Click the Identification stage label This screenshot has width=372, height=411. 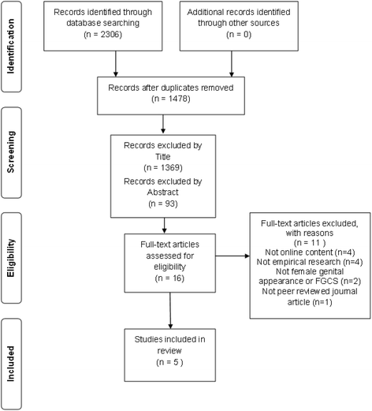(x=10, y=47)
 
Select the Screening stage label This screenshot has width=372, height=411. (x=10, y=152)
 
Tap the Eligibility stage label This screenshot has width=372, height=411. (x=10, y=258)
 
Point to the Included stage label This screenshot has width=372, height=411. (x=10, y=364)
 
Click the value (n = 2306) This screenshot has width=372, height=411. (x=102, y=35)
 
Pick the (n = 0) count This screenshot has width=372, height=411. (x=239, y=35)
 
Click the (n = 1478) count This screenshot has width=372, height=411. (x=171, y=99)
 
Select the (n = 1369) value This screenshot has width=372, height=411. (x=163, y=168)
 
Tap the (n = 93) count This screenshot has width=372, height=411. (x=163, y=204)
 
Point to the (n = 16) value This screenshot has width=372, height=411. (x=169, y=278)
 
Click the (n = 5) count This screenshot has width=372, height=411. (x=169, y=362)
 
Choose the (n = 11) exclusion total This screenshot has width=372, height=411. (x=310, y=242)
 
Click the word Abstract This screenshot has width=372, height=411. (x=162, y=192)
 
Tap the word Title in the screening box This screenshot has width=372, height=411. (x=163, y=157)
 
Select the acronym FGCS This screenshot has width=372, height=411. (x=326, y=281)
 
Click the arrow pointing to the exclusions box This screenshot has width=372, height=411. (x=232, y=256)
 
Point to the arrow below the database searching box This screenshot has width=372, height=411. (x=116, y=64)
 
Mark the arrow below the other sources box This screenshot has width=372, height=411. (x=232, y=64)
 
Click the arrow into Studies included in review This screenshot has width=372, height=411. (x=170, y=311)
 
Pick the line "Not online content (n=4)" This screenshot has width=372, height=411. (x=310, y=252)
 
